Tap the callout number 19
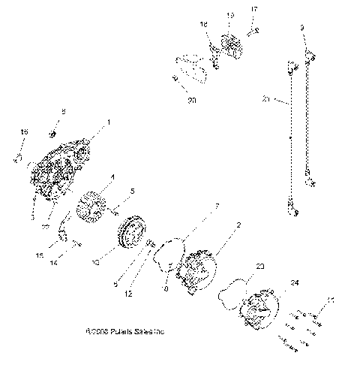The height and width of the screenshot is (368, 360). [x=230, y=15]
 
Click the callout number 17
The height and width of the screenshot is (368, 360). [x=253, y=8]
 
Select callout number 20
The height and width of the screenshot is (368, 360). [x=191, y=99]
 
